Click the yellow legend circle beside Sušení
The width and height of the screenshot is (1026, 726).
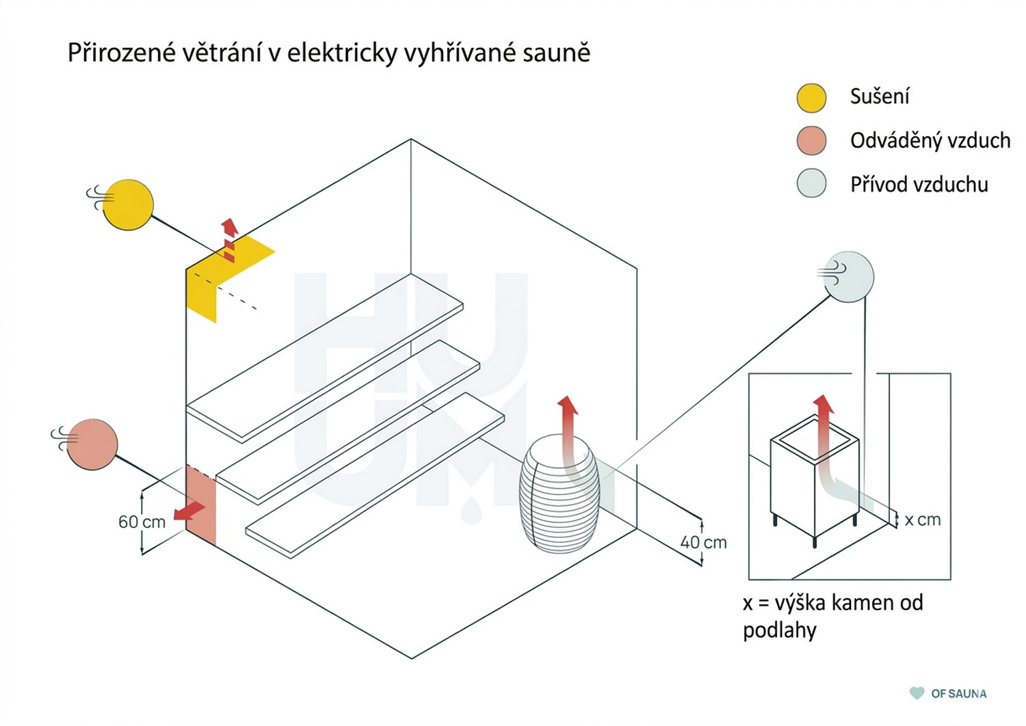pos(811,98)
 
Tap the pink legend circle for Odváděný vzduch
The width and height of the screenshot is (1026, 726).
pos(811,140)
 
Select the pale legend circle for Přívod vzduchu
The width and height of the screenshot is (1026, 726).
pos(811,183)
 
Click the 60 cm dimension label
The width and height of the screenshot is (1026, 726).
pos(142,522)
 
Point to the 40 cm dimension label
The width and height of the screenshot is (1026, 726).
pos(704,542)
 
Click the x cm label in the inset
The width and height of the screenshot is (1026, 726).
pos(923,520)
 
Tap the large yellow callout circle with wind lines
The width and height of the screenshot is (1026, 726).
pos(128,204)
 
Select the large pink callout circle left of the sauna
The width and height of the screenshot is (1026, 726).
pos(92,444)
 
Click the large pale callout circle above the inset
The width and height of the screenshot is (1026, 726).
pos(849,277)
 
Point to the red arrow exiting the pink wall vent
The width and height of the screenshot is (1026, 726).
pos(189,511)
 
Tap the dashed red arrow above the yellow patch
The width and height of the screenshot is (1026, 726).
pos(229,241)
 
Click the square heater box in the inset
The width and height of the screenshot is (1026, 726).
pos(815,476)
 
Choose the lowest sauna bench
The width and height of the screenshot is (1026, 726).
pos(375,475)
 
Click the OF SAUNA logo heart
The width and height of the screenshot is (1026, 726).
pos(917,693)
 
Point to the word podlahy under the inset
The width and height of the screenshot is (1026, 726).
pos(780,631)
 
